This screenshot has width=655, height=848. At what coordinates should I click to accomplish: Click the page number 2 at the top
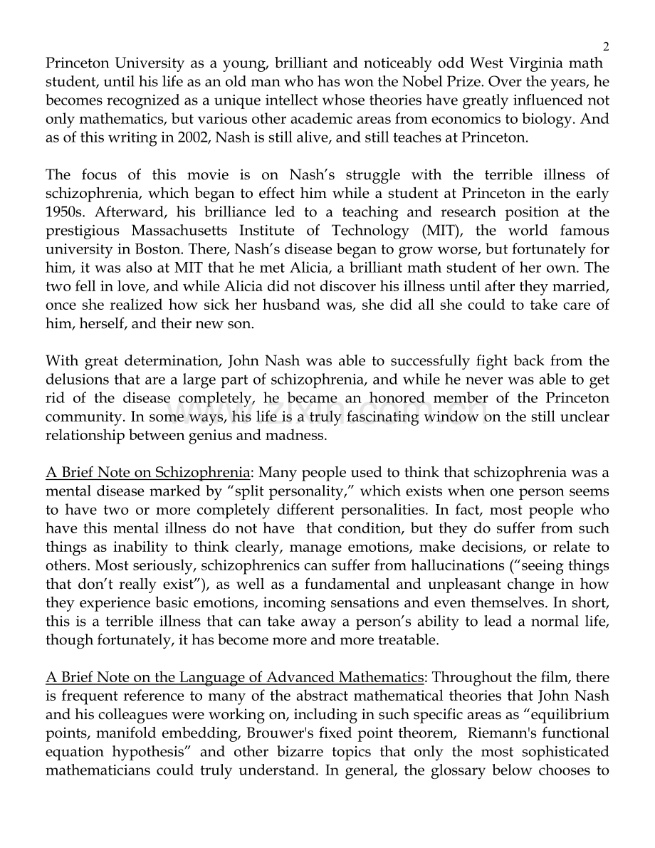coord(606,47)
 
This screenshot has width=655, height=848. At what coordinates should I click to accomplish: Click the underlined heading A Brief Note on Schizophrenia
coord(148,473)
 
